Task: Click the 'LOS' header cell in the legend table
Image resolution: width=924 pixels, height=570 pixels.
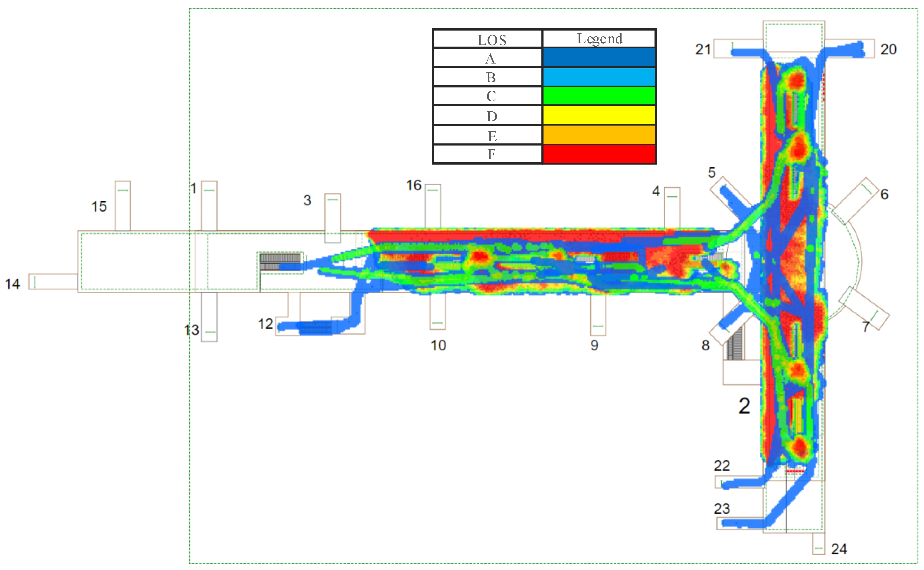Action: [491, 40]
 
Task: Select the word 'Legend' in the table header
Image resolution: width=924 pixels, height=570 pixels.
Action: [599, 39]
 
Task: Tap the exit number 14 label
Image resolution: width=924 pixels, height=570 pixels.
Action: [12, 284]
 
